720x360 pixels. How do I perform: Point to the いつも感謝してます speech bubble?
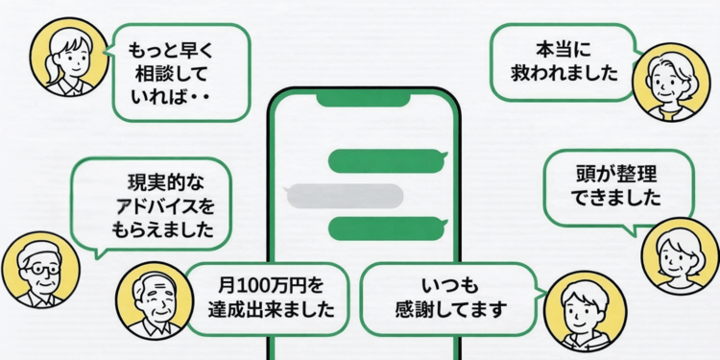[450, 297]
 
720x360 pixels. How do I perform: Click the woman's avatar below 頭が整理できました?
[681, 255]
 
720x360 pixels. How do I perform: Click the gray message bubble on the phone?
[345, 194]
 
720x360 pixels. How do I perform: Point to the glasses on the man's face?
[38, 269]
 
